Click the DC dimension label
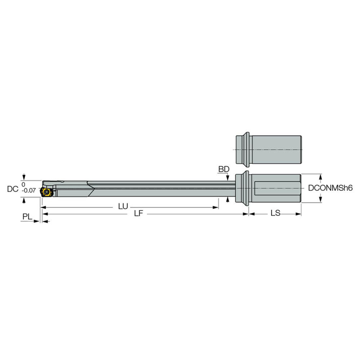click(13, 188)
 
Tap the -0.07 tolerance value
click(29, 191)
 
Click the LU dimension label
click(123, 207)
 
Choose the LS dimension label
click(275, 213)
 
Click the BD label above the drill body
click(224, 169)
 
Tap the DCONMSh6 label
click(330, 188)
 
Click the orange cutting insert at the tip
click(46, 192)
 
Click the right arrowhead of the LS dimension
click(298, 214)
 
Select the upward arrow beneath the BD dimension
click(227, 199)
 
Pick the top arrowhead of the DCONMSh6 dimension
click(320, 176)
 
